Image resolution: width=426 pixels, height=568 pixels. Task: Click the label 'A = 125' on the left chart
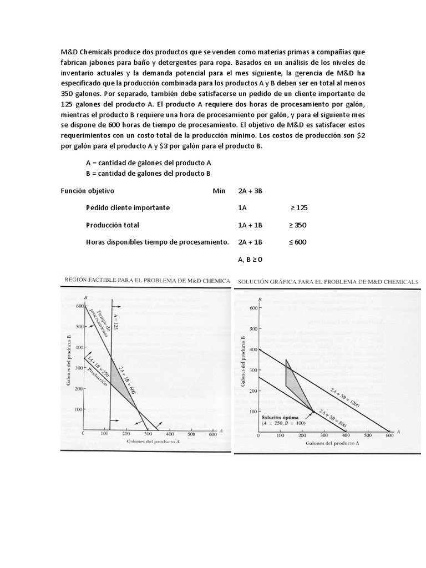click(116, 322)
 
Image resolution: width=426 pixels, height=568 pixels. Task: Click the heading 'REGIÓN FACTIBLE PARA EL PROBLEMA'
click(147, 281)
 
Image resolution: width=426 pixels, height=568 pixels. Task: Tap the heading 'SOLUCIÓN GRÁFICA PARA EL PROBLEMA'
click(328, 282)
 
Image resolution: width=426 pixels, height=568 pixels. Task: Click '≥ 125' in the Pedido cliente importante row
click(298, 207)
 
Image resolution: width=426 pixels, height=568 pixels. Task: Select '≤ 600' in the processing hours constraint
click(297, 242)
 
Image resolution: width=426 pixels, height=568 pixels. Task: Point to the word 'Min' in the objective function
click(219, 190)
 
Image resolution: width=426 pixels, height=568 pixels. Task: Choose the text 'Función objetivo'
click(87, 190)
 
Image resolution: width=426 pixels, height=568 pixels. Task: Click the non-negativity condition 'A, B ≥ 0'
click(250, 259)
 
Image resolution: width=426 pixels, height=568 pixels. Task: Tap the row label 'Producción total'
click(113, 225)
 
